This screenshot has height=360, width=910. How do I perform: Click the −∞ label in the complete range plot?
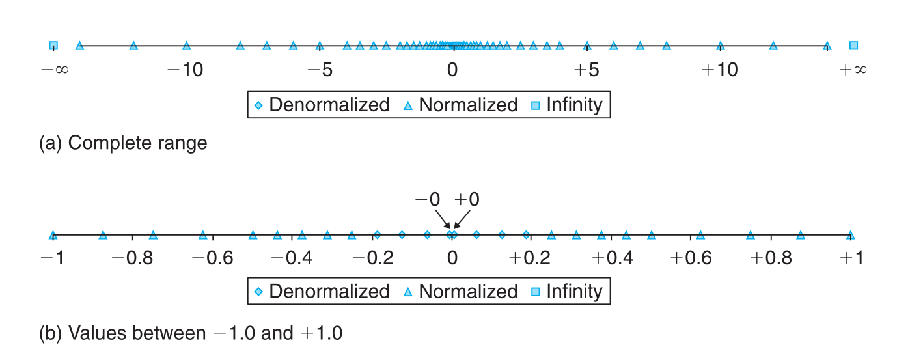click(54, 70)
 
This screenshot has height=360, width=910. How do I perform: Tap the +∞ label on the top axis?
click(853, 70)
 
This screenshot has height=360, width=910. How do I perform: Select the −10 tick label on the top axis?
click(186, 70)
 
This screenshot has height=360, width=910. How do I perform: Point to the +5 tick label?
click(586, 70)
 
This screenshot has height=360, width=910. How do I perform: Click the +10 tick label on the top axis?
click(719, 70)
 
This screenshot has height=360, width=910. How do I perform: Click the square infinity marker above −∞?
click(53, 46)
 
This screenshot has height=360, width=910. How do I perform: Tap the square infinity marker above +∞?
click(853, 46)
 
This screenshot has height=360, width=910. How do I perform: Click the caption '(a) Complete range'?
click(124, 143)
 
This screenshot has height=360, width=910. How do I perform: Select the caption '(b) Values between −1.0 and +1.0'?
click(191, 333)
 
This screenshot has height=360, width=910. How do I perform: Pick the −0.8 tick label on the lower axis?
click(133, 258)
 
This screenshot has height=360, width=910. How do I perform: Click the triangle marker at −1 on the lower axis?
click(53, 235)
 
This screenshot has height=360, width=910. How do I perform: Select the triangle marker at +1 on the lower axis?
click(850, 235)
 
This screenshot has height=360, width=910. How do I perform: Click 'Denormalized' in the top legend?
click(329, 105)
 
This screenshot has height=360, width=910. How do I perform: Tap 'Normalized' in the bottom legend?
click(468, 291)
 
